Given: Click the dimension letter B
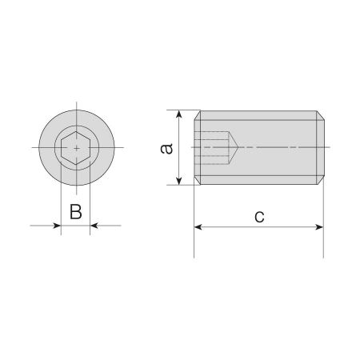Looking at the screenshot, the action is click(x=76, y=212).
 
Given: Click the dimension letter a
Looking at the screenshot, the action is click(x=167, y=149).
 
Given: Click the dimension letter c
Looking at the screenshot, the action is click(x=259, y=217).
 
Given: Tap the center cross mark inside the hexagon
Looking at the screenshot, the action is click(x=77, y=148).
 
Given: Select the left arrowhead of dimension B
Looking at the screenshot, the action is click(x=58, y=226).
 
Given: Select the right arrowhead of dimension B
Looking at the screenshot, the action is click(x=94, y=226).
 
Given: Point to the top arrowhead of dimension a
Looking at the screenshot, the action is click(x=179, y=114).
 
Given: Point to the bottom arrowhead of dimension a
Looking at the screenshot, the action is click(x=179, y=181).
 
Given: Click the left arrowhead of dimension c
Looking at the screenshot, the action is click(x=198, y=227).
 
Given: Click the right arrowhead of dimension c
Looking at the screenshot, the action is click(x=319, y=227).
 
